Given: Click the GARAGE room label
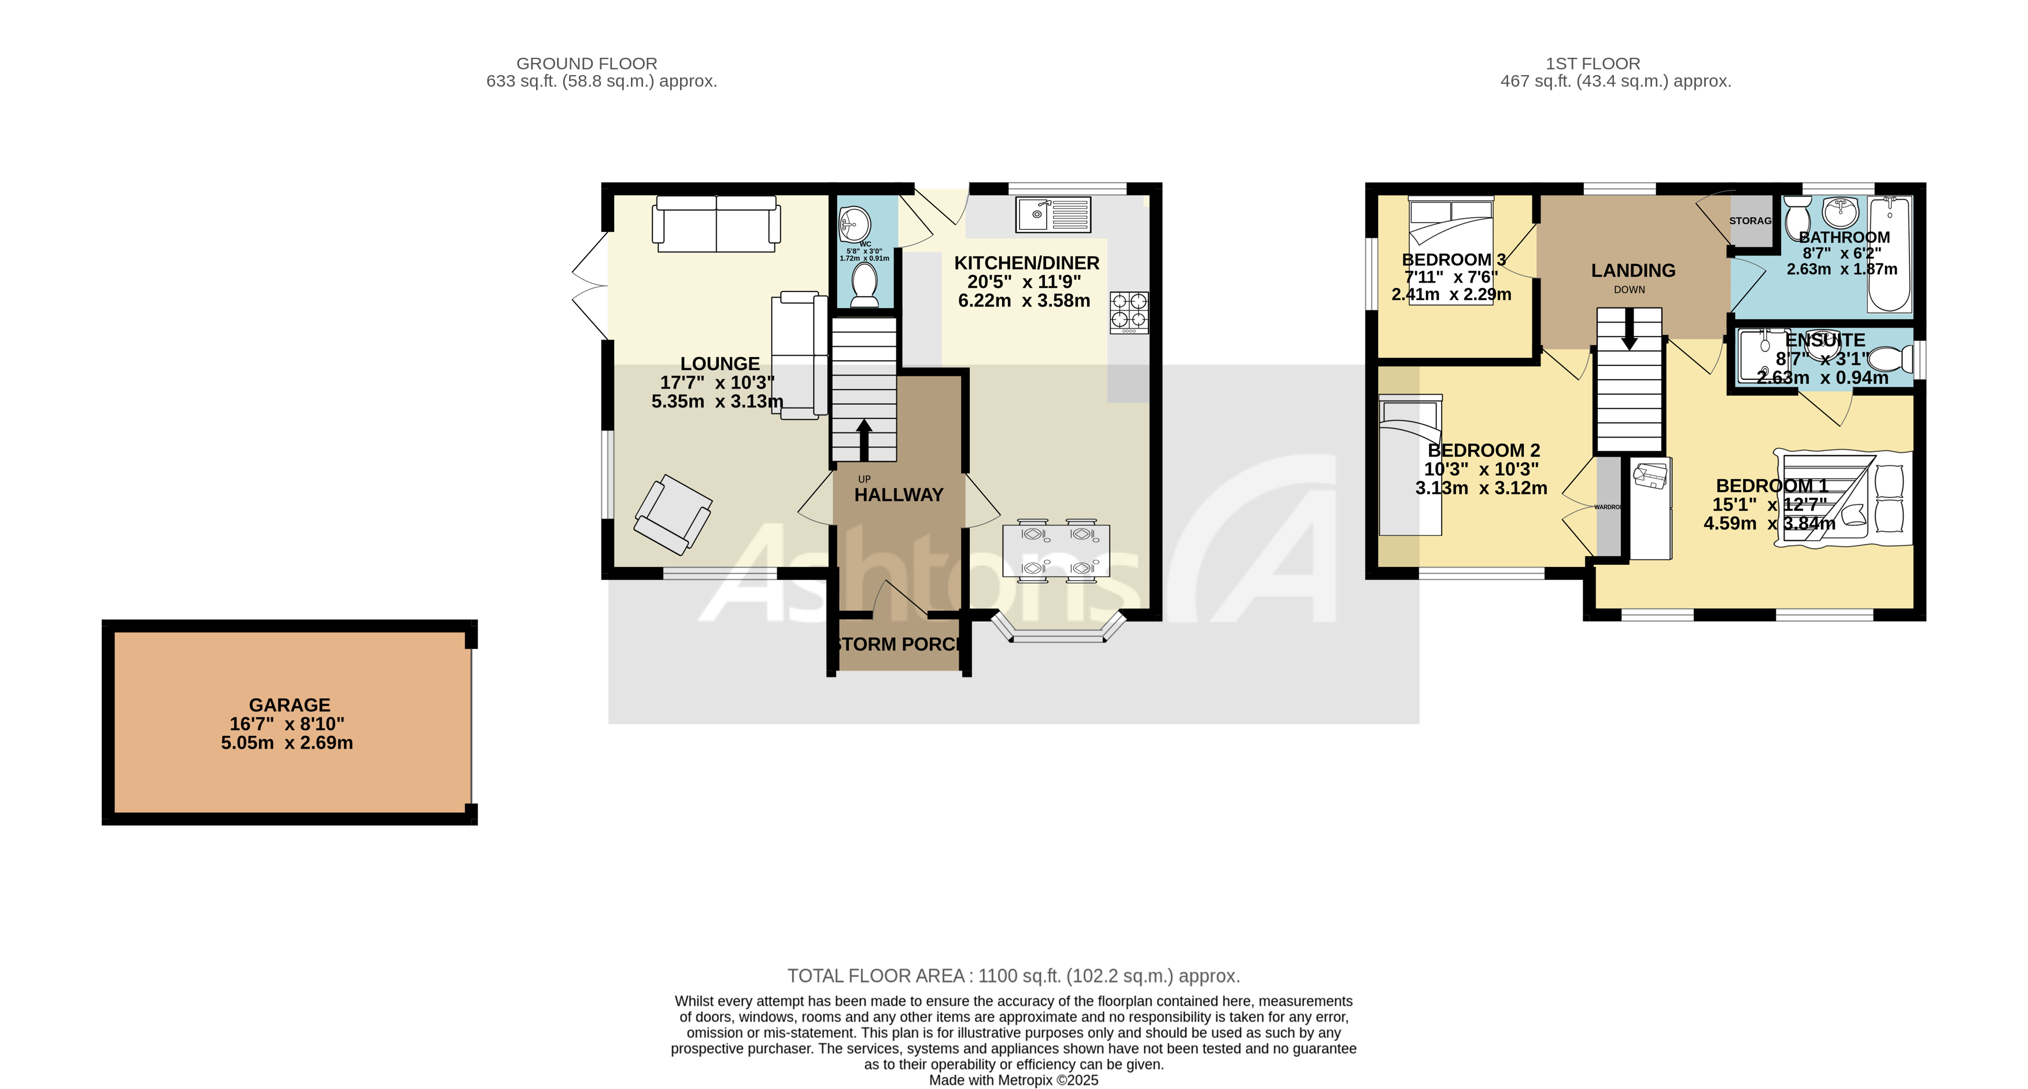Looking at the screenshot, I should coord(289,705).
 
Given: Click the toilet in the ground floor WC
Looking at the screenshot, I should coord(865,284).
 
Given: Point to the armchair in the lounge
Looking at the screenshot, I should coord(673,514).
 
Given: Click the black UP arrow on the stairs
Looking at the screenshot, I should coord(863,439).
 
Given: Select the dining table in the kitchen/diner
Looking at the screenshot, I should coord(1056,551).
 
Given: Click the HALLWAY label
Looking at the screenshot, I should coord(898,495).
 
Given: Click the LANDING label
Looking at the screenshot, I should coord(1633,271).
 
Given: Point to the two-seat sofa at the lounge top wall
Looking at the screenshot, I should coord(716,224).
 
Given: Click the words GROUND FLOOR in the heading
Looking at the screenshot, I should coord(586,64).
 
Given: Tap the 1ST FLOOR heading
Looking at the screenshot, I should coord(1592,64).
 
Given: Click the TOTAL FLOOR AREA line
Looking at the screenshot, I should coord(1013,976).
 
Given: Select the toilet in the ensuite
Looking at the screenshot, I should coord(1889,360).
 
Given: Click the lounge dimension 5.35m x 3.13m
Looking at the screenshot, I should coord(716,401).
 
